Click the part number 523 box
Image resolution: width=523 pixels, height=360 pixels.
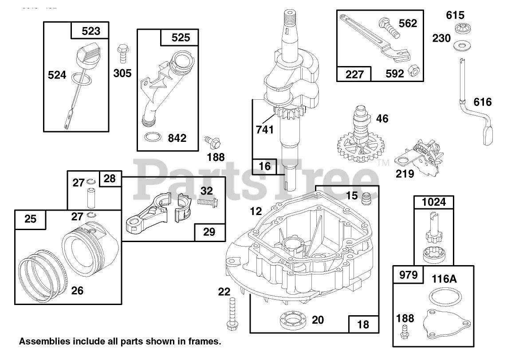[91, 31]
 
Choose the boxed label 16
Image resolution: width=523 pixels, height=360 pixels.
[264, 167]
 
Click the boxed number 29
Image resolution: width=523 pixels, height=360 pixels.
[209, 231]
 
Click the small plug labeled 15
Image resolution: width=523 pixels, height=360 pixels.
[366, 199]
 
